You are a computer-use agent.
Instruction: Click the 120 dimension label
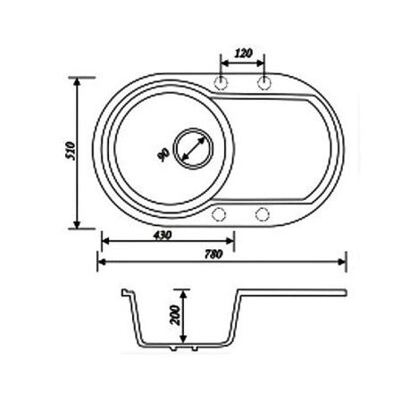241,53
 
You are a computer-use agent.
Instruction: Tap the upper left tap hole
221,83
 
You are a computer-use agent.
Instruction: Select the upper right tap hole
264,83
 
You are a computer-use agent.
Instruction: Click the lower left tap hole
220,214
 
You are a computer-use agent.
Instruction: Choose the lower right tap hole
263,214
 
